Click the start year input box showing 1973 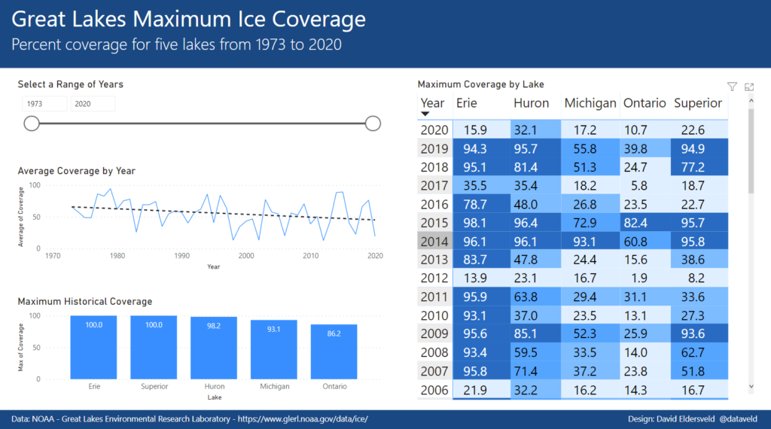tap(44, 104)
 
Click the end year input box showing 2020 tap(93, 104)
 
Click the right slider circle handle tap(373, 123)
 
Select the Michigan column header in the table tap(590, 103)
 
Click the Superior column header tap(698, 103)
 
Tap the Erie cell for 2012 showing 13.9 tap(475, 278)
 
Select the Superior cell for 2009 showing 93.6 tap(699, 334)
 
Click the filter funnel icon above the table tap(732, 87)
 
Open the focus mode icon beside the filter tap(749, 87)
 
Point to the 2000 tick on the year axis tap(246, 256)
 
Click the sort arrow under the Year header tap(425, 114)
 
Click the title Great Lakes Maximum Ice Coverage tap(189, 20)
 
